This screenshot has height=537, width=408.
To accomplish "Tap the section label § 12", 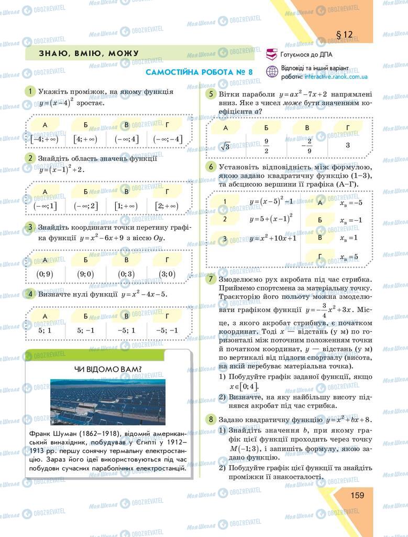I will [344, 35].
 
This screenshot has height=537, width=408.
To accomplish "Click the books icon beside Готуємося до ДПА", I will [272, 54].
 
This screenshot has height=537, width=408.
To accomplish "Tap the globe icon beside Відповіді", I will [272, 72].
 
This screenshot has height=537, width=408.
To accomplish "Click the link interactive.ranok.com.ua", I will [335, 77].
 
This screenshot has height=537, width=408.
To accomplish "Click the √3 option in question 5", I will [225, 146].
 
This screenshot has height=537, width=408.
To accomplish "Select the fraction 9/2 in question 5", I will [266, 146].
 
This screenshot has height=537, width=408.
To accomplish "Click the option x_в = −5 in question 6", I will [351, 203].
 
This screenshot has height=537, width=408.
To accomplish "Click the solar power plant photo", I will [108, 402].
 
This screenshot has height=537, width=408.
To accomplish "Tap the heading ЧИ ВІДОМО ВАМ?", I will [108, 369].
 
